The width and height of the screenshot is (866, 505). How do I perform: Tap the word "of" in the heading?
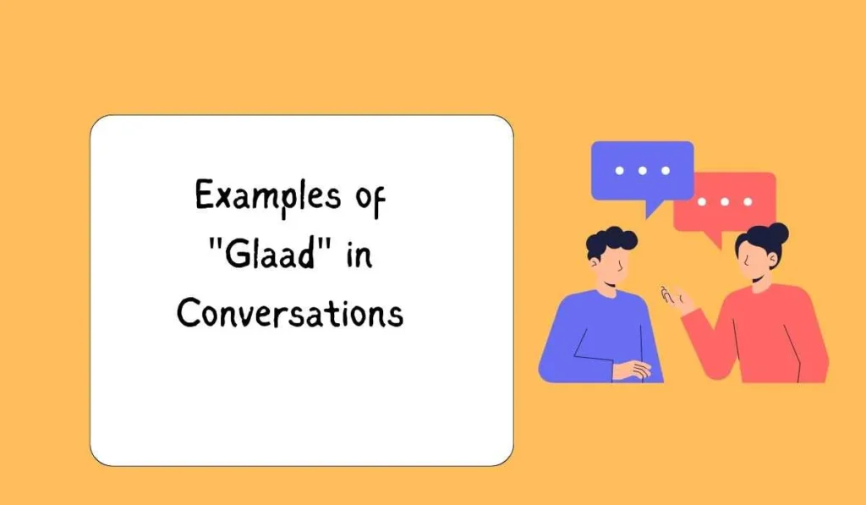click(367, 197)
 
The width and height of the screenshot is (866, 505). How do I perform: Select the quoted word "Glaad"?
click(273, 255)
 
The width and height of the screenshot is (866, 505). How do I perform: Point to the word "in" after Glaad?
click(359, 255)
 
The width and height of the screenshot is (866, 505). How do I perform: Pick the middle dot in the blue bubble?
click(642, 171)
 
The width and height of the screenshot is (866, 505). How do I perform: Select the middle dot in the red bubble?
click(724, 202)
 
